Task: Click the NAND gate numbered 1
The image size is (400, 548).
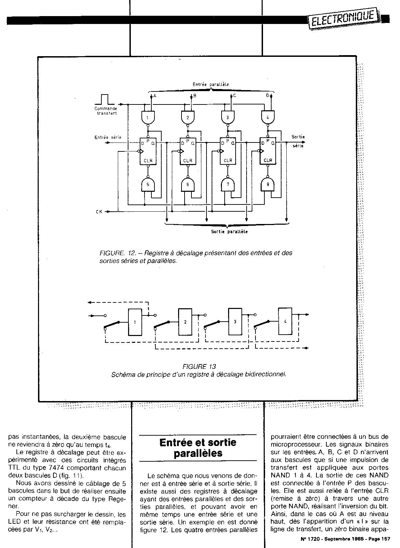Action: click(x=148, y=118)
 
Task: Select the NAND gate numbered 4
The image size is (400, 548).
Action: click(x=268, y=117)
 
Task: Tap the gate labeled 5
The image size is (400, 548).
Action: click(x=148, y=185)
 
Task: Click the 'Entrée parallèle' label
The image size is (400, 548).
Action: click(x=211, y=84)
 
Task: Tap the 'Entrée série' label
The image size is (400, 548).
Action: click(x=108, y=137)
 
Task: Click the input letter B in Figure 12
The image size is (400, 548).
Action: click(x=195, y=96)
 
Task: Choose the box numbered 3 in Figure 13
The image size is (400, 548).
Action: click(x=235, y=322)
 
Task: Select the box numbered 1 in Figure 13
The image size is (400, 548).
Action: click(x=135, y=322)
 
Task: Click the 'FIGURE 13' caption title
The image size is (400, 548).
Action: click(x=199, y=367)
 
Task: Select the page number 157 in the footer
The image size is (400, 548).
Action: click(x=386, y=539)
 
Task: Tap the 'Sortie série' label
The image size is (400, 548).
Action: click(x=298, y=141)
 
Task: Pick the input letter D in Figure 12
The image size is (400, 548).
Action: click(x=267, y=96)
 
